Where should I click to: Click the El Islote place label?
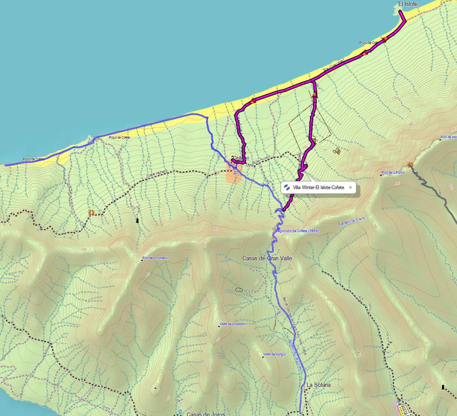[x=408, y=4]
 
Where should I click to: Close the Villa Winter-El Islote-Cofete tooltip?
[x=350, y=187]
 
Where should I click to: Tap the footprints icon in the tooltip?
[x=287, y=187]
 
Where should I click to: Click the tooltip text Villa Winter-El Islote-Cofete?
[x=319, y=187]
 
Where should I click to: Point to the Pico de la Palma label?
[x=394, y=173]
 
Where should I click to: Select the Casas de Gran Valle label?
[x=267, y=258]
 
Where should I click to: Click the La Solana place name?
[x=319, y=385]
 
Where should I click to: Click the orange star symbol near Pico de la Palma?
[x=411, y=165]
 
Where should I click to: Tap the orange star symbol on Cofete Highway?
[x=92, y=212]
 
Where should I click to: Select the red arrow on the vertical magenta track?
[x=314, y=95]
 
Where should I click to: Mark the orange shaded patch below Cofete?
[x=234, y=174]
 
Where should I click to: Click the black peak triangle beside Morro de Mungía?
[x=263, y=356]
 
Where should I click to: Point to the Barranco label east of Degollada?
[x=352, y=221]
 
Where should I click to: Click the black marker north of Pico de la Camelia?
[x=138, y=220]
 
